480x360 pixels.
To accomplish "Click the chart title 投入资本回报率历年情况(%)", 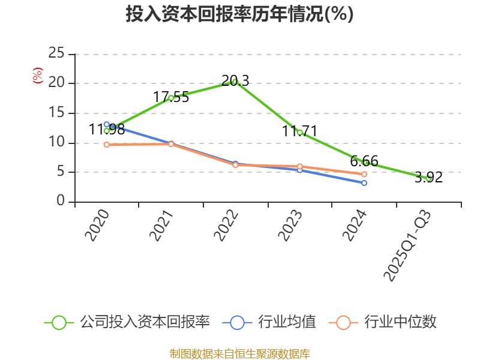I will coord(239,14).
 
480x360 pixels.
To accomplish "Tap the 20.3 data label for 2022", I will coord(235,80).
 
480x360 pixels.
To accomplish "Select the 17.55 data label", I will coord(171,97).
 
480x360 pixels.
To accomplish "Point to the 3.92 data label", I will coord(428,177).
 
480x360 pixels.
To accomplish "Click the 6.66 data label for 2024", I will coord(364,161).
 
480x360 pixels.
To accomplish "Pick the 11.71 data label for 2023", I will coord(299,131).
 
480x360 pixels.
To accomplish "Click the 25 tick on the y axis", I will coord(56,54).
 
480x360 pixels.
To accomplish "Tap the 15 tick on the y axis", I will coord(56,113).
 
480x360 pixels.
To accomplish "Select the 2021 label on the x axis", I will coord(162,226).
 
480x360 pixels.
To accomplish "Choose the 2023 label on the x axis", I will coord(292,226).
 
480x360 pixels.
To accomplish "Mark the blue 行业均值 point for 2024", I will coord(364,183).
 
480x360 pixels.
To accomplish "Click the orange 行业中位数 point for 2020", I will coord(107,145).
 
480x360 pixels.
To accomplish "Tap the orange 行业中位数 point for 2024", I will coord(364,174).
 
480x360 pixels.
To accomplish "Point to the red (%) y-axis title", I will coord(38,76).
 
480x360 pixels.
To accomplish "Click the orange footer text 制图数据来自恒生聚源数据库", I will coord(240,353).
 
